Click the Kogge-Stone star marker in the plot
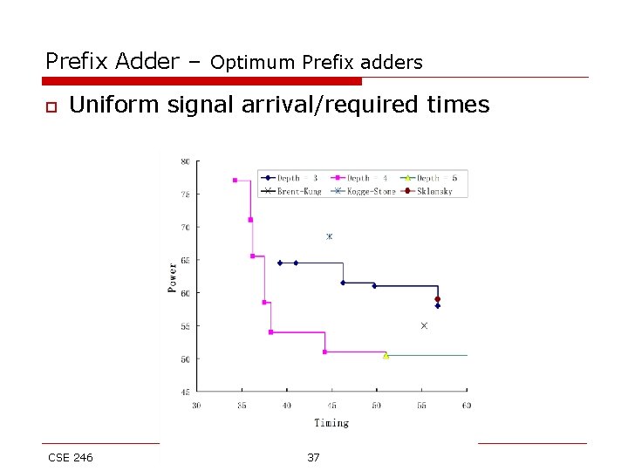click(x=329, y=236)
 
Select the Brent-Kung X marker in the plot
click(x=424, y=325)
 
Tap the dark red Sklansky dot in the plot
click(x=437, y=299)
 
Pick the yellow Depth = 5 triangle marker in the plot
click(x=386, y=355)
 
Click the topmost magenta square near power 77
click(x=235, y=181)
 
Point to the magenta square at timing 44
click(x=324, y=352)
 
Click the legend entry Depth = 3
click(x=291, y=178)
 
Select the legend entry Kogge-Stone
click(x=366, y=191)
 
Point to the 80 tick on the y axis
click(x=185, y=161)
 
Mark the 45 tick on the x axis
click(x=331, y=405)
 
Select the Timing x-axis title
click(x=331, y=423)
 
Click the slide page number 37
click(x=313, y=457)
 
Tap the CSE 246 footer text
click(x=71, y=457)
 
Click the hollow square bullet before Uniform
click(x=51, y=106)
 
